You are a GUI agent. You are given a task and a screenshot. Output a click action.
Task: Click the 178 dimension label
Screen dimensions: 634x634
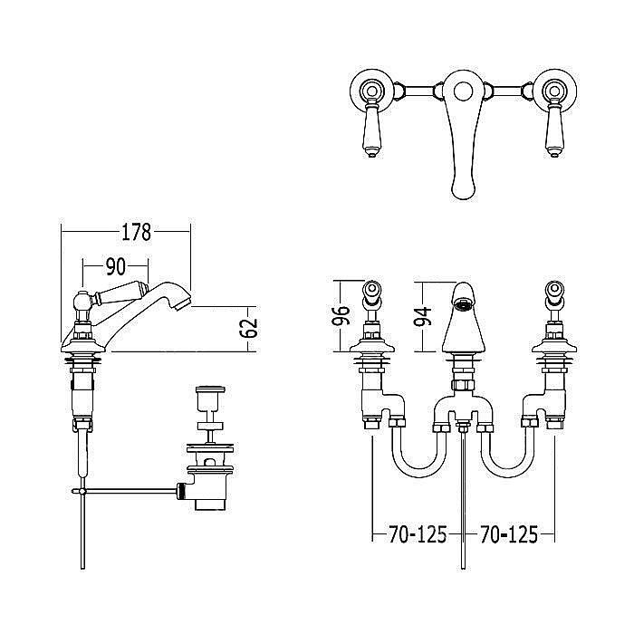[136, 232]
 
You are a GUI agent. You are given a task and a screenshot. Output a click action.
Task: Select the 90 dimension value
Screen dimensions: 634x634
[116, 267]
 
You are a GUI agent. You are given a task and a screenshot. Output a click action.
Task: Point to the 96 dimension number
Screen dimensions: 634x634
[341, 315]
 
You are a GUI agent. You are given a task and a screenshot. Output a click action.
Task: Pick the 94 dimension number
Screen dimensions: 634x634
[423, 316]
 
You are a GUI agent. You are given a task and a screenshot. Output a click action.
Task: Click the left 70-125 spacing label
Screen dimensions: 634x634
[418, 534]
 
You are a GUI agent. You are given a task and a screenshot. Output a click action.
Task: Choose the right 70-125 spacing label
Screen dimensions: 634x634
[509, 534]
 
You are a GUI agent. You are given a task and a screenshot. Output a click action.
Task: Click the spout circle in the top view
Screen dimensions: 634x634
[463, 91]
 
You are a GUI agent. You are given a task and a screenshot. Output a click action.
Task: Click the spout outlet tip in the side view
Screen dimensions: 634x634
[184, 303]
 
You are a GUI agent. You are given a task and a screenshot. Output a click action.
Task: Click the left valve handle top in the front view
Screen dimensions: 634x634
[371, 290]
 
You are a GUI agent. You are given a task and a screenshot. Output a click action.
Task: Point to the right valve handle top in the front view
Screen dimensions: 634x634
[554, 290]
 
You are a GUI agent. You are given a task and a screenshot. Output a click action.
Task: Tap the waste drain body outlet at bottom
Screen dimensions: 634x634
[210, 504]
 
